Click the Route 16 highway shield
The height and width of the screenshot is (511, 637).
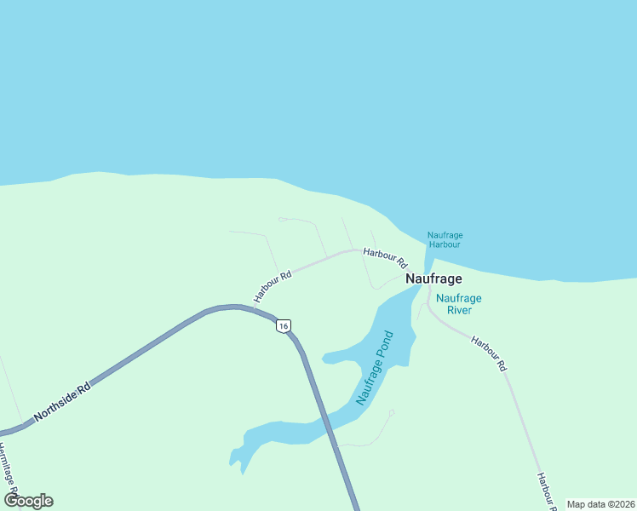(x=284, y=325)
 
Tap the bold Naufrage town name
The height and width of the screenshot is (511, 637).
(x=433, y=278)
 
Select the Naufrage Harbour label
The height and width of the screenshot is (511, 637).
(x=445, y=239)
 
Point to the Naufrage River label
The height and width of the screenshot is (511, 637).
(x=459, y=304)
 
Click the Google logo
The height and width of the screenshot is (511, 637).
(x=28, y=501)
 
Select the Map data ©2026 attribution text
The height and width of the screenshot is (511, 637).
(x=600, y=504)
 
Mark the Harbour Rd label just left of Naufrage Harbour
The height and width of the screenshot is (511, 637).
(x=385, y=256)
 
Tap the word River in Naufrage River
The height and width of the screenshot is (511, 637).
(x=459, y=310)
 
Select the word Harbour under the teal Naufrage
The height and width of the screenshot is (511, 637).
(x=445, y=244)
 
